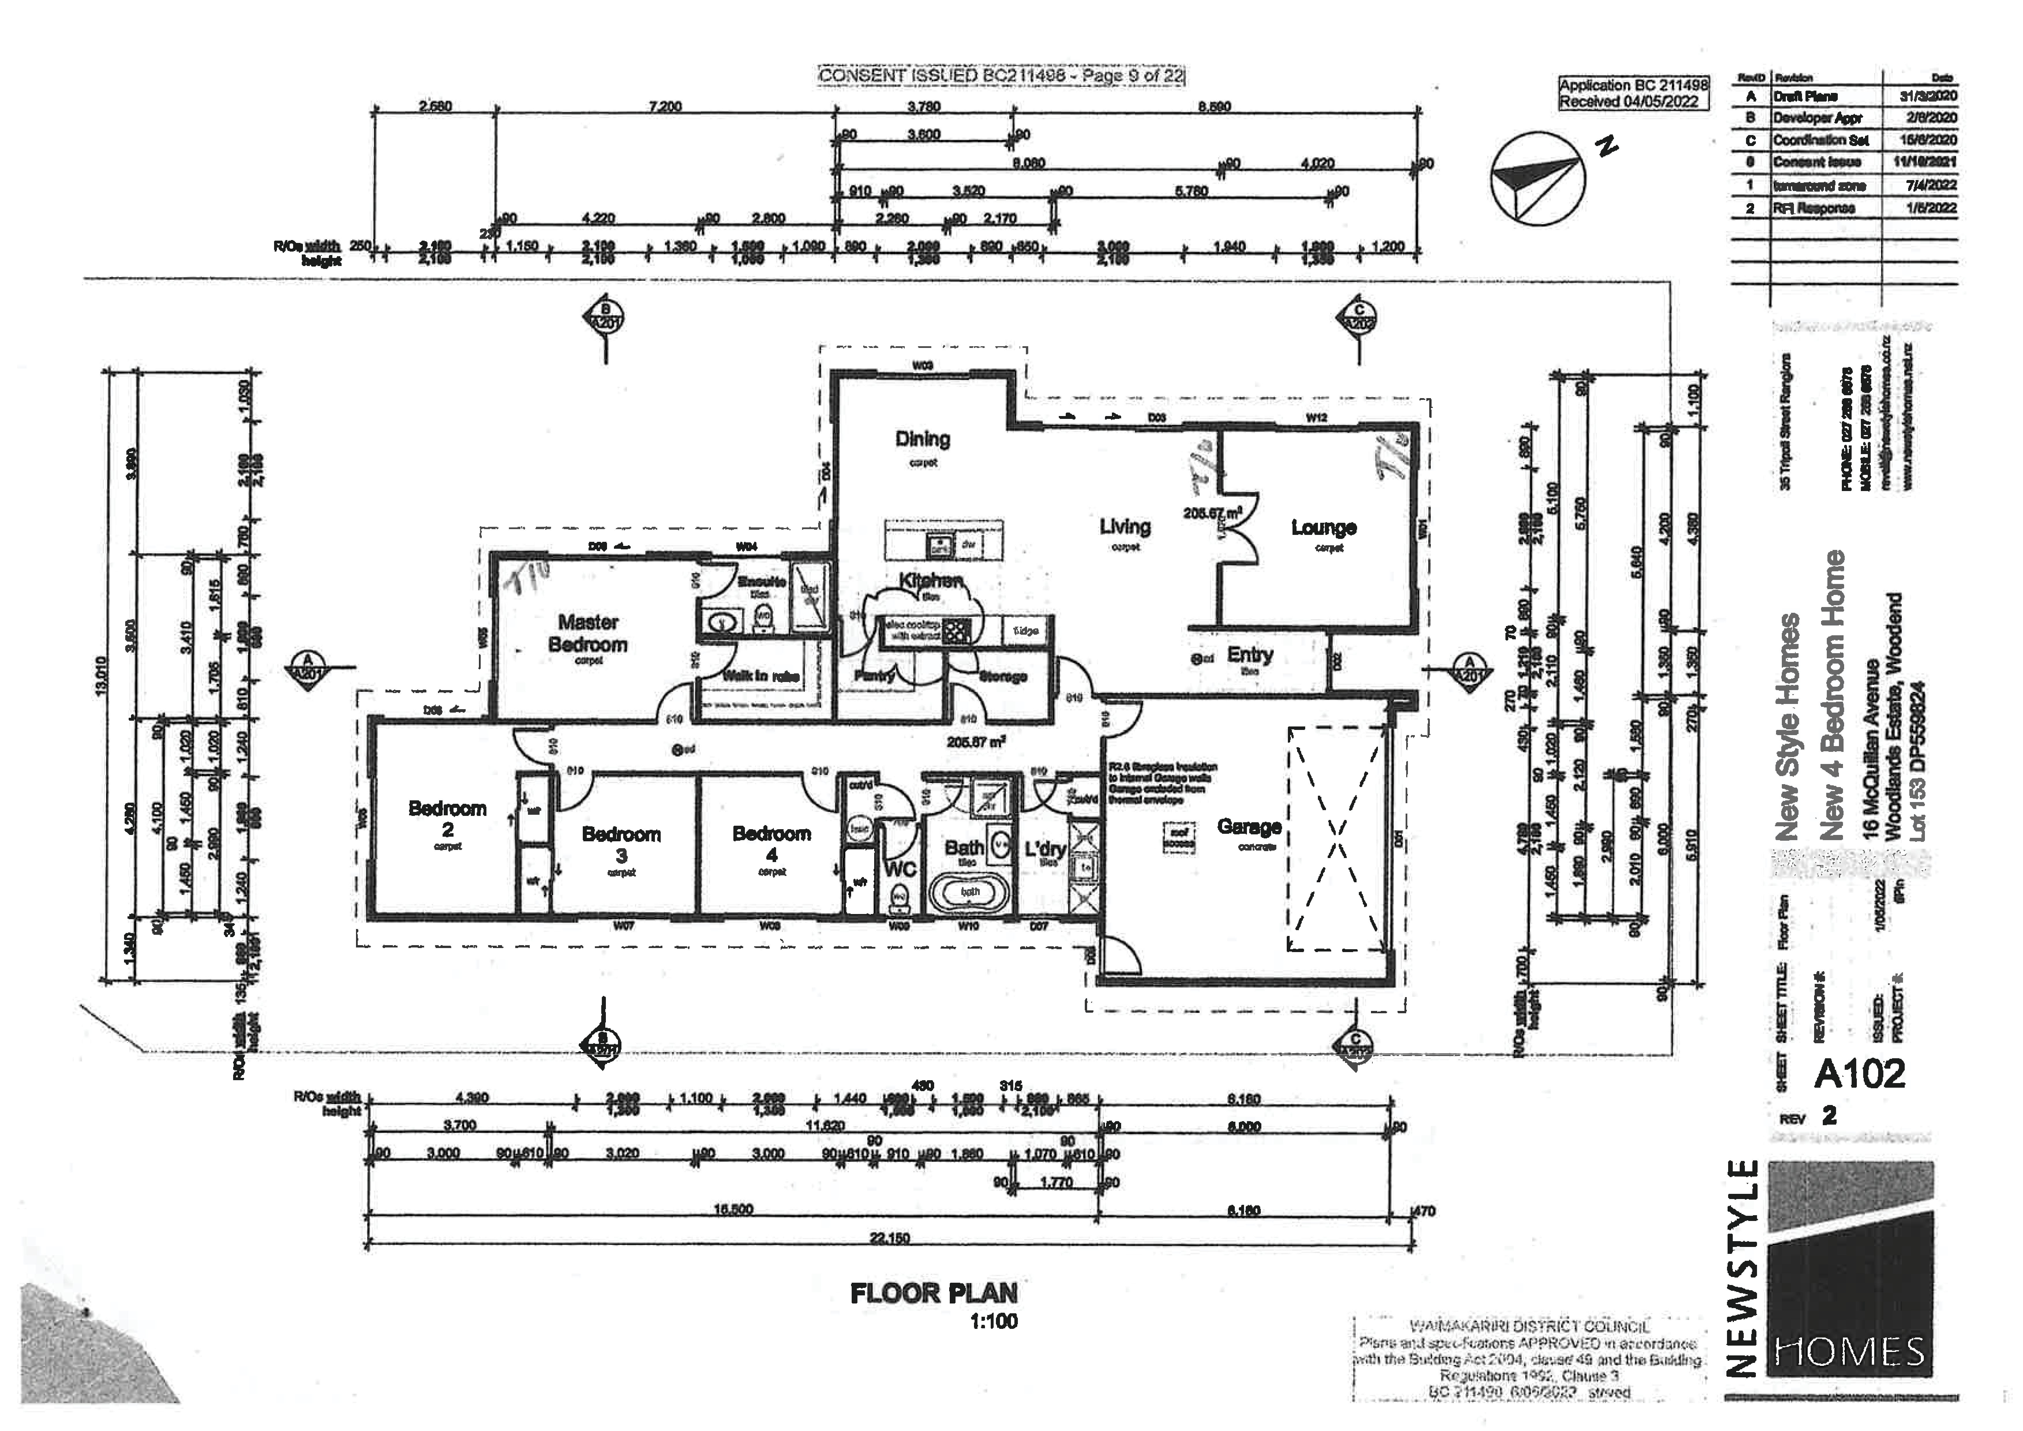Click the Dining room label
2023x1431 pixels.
(x=923, y=439)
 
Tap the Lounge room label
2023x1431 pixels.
(x=1323, y=528)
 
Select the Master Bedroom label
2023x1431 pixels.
(x=588, y=633)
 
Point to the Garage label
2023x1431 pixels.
(x=1249, y=827)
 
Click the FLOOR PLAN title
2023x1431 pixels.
(x=934, y=1294)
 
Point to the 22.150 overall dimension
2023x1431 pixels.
(x=889, y=1238)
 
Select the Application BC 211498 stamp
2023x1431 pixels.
(x=1633, y=93)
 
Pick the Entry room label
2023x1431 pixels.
(x=1250, y=655)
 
